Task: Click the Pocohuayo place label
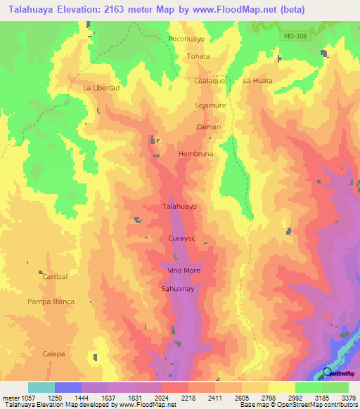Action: [x=186, y=39]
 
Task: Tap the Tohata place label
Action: [x=198, y=56]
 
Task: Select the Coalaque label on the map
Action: [x=210, y=81]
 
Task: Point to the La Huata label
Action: [x=257, y=81]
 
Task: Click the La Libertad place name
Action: [x=101, y=88]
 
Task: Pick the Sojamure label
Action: [x=210, y=105]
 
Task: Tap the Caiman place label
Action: [x=209, y=127]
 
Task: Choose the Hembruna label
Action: [x=195, y=153]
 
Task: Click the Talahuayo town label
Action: [x=180, y=207]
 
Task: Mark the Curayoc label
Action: [x=181, y=239]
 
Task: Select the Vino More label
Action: [x=184, y=271]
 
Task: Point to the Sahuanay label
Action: [x=178, y=288]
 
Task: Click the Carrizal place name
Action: [x=55, y=277]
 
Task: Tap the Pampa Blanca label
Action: [x=51, y=301]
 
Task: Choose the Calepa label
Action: [x=53, y=353]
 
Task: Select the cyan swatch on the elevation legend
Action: [x=41, y=387]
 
